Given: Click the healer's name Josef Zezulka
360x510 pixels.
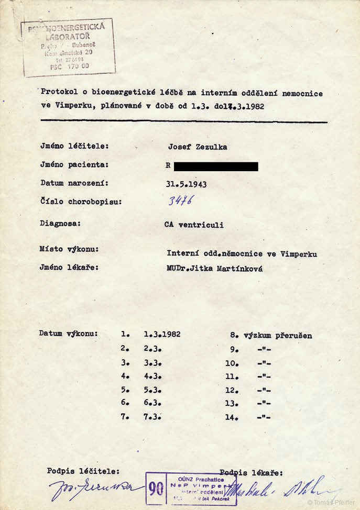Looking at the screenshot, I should (x=198, y=147).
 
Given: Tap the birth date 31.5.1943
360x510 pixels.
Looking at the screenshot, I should (x=186, y=184).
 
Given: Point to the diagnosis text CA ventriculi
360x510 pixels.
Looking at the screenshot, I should (x=194, y=225).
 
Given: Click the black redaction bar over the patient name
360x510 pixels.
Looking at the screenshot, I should (x=215, y=167).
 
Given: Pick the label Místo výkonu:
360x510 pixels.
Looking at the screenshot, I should (x=69, y=249).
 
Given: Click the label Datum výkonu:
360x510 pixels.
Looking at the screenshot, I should (x=68, y=333).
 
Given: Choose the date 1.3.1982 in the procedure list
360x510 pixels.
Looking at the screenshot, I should (x=162, y=334).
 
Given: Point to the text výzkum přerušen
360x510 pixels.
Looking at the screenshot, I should (x=278, y=335).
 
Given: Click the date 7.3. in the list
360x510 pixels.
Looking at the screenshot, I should (x=152, y=417).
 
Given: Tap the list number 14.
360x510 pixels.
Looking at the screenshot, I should (x=232, y=417).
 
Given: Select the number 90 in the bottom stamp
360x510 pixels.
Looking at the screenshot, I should (x=156, y=489).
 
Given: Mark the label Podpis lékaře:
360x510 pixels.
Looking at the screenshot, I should (x=251, y=472).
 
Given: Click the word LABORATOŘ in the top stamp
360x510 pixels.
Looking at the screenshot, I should (x=68, y=36).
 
